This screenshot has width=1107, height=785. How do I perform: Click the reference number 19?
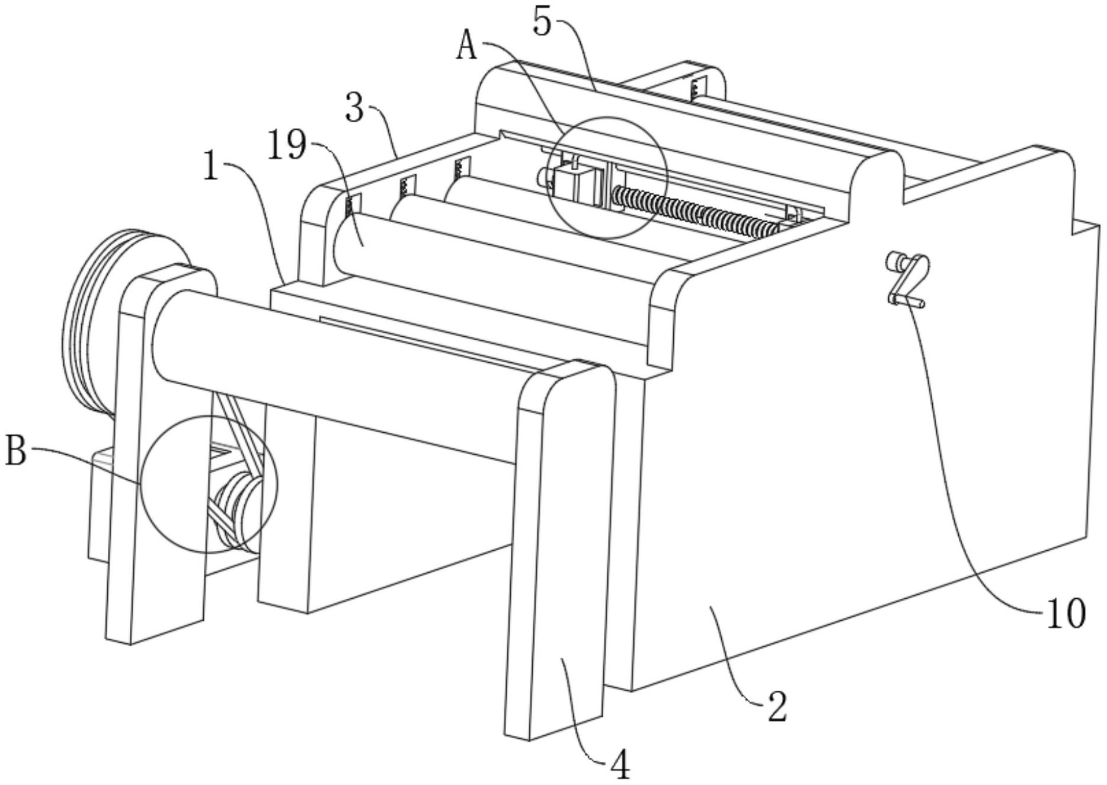click(287, 146)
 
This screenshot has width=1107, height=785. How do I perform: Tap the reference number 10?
click(1064, 613)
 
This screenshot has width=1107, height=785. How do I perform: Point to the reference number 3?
click(354, 107)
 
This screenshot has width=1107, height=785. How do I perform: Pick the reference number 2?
click(777, 706)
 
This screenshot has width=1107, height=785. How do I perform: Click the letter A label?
click(467, 46)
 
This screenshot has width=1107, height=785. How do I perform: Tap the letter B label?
click(16, 452)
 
